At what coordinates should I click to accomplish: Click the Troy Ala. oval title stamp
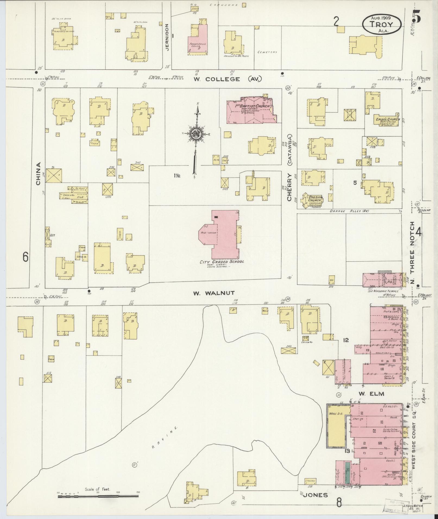point(382,24)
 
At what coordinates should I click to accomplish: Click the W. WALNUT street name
point(213,293)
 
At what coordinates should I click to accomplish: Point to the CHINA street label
point(38,174)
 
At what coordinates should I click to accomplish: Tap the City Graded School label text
point(222,262)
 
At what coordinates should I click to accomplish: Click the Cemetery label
point(267,52)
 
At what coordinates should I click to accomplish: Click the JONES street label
point(315,495)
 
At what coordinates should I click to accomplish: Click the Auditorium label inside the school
point(208,233)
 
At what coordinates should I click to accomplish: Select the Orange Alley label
point(349,211)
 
